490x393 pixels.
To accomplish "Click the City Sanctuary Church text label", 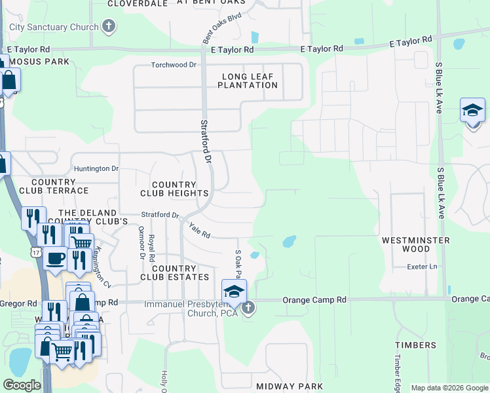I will tap(54, 27).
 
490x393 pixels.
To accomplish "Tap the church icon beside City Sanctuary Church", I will tap(109, 27).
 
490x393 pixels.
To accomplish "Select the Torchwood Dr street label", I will tap(174, 65).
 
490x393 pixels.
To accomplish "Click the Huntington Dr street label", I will tap(96, 169).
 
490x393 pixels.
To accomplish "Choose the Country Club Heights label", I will tap(174, 189).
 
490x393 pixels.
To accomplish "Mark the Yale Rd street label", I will tap(199, 230).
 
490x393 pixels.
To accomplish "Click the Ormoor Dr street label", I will tap(141, 242).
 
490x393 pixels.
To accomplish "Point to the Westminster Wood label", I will tap(416, 245).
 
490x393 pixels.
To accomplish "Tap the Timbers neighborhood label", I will tap(416, 345).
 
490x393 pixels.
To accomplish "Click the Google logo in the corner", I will tap(22, 385).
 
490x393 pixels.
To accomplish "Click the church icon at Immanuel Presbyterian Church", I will tap(248, 307).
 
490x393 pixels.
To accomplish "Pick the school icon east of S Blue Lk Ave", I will tap(472, 111).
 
